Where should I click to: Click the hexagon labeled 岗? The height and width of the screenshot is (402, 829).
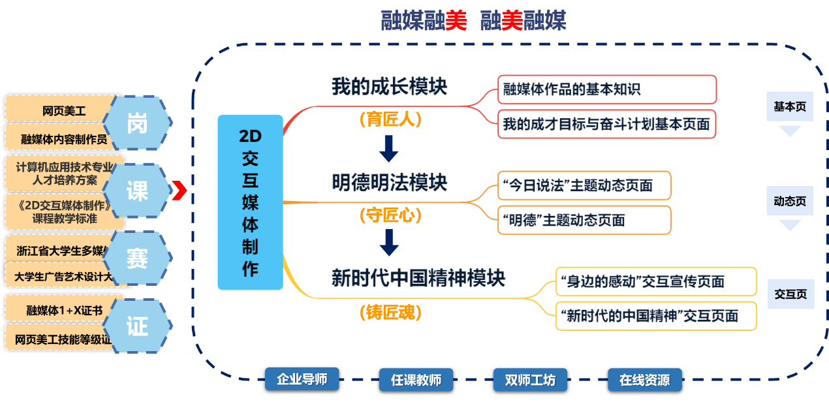point(137,123)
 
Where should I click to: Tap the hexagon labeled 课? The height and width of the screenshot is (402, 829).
point(137,191)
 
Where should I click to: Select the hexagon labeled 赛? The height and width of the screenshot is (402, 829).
point(137,258)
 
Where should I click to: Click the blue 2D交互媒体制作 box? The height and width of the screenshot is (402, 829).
point(250,202)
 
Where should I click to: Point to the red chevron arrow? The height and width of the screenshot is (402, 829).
point(181,191)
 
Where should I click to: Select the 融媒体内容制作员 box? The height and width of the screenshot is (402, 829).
point(63,139)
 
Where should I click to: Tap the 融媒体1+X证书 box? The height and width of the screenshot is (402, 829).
point(64,310)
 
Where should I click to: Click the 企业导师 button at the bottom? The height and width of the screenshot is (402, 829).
point(296,379)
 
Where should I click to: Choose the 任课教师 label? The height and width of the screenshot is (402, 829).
point(416,380)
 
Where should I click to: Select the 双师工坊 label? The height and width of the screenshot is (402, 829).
point(530,380)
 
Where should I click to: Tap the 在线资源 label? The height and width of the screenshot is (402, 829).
point(644,380)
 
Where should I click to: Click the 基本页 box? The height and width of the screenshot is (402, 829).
point(790,107)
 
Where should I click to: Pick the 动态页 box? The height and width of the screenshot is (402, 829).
point(790,201)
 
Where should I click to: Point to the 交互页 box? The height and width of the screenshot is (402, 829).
point(790,294)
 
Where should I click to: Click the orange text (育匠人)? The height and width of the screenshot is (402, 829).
point(390,119)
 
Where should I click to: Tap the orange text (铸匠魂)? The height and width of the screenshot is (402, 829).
point(390,313)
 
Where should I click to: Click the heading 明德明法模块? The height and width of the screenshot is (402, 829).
point(390,182)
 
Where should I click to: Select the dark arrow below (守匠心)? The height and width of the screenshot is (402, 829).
point(390,242)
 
